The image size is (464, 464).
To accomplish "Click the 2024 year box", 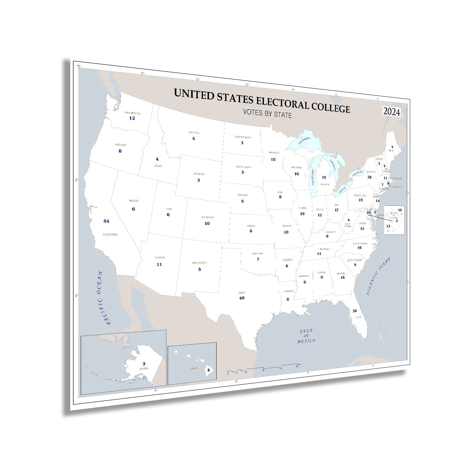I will [392, 112].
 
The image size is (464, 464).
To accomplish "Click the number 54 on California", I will [106, 221].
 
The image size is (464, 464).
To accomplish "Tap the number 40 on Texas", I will [242, 298].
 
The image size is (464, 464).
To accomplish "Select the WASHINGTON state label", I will [132, 113].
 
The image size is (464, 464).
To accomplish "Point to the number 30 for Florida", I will [354, 311].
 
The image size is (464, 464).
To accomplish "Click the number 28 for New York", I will [369, 177].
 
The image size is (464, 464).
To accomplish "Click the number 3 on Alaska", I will [144, 364].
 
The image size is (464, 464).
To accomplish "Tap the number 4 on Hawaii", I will [208, 370].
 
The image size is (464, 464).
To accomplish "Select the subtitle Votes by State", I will [267, 114].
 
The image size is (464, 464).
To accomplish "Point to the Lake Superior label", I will [304, 141].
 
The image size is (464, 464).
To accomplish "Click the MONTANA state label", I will [194, 133].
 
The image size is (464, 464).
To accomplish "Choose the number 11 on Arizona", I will [159, 264].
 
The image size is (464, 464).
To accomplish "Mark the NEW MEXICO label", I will [200, 263].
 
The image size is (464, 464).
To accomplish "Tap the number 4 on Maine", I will [392, 147].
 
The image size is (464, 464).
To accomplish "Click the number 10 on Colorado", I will [207, 223].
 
